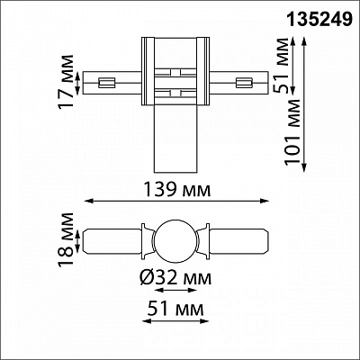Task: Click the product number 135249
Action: click(319, 20)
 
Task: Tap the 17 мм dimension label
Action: click(67, 82)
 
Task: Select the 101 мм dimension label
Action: click(292, 131)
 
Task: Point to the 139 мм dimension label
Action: click(177, 189)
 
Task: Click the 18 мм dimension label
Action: click(67, 239)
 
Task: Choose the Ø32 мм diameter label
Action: click(175, 277)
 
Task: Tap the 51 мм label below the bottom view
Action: click(175, 308)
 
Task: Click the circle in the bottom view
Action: click(175, 242)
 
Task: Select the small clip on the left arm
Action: click(107, 83)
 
